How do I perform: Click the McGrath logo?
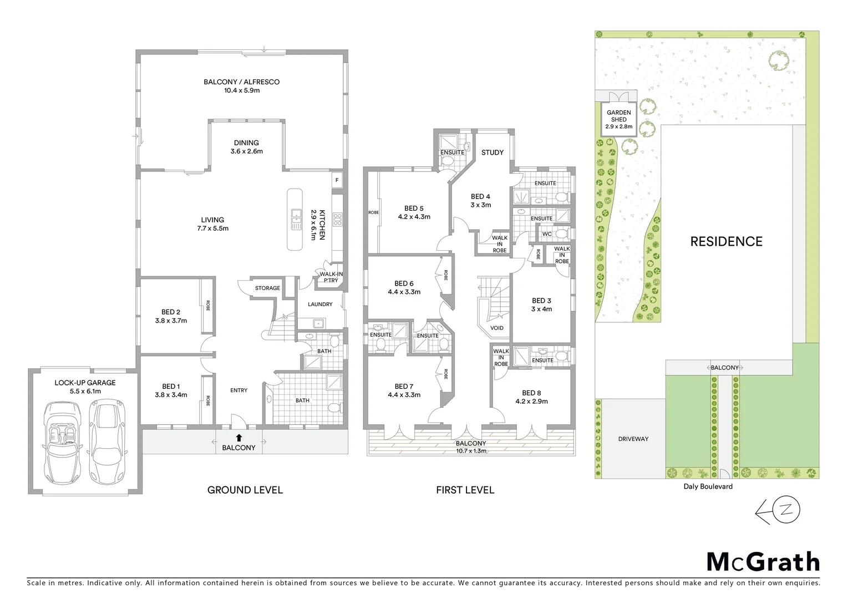(763, 562)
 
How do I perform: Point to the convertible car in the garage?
(62, 441)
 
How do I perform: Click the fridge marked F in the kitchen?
(337, 180)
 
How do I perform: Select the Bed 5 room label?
(414, 209)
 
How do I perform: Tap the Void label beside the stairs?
(497, 328)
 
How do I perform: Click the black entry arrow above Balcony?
(238, 438)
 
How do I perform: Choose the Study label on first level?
(492, 153)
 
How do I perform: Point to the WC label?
(547, 234)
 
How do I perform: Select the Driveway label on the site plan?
(633, 439)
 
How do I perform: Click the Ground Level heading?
(245, 490)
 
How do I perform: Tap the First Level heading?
(465, 490)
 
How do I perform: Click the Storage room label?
(267, 288)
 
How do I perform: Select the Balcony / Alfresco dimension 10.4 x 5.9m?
(241, 90)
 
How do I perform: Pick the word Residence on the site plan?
(726, 241)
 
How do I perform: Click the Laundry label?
(320, 304)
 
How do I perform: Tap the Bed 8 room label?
(531, 393)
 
